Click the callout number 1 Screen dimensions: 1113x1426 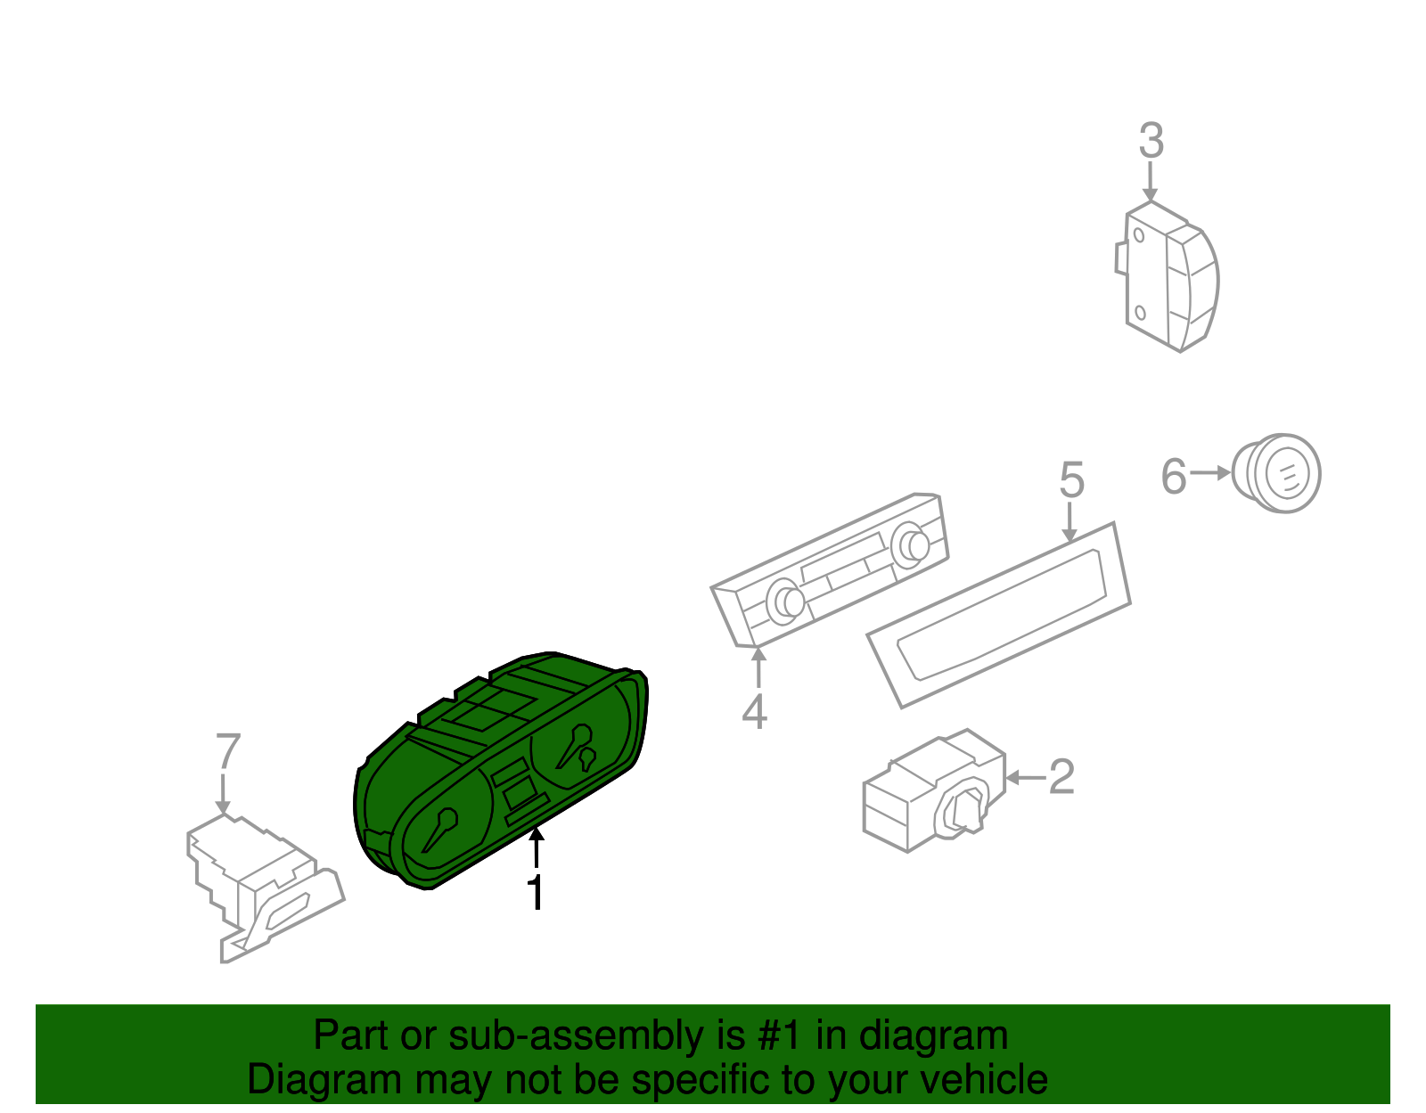point(536,893)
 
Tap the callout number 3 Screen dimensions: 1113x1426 point(1151,142)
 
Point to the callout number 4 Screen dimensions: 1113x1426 point(754,712)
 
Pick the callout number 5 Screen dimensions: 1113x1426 point(1071,480)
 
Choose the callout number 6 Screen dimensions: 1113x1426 point(1174,476)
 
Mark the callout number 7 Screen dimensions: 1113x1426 point(228,751)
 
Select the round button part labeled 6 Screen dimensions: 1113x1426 point(1279,473)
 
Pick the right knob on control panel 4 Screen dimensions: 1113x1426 point(910,545)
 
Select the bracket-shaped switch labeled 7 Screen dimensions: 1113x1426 point(258,882)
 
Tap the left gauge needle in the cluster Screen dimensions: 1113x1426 point(440,829)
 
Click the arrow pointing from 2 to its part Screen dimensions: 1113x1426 point(1025,778)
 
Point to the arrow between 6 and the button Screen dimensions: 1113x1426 point(1210,473)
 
